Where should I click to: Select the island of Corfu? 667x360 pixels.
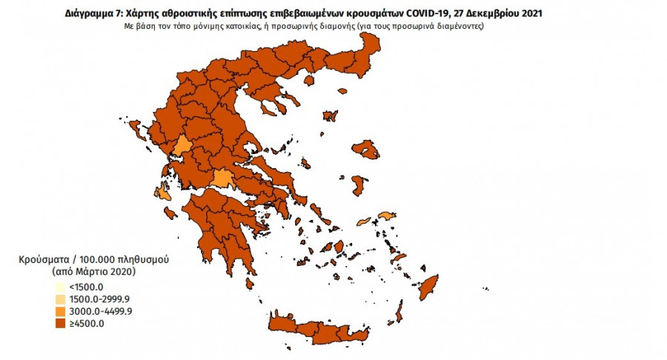click(136, 133)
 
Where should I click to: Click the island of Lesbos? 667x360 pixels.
click(366, 150)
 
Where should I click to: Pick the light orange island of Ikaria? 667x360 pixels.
click(363, 221)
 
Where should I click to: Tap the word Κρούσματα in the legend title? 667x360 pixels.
click(45, 261)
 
